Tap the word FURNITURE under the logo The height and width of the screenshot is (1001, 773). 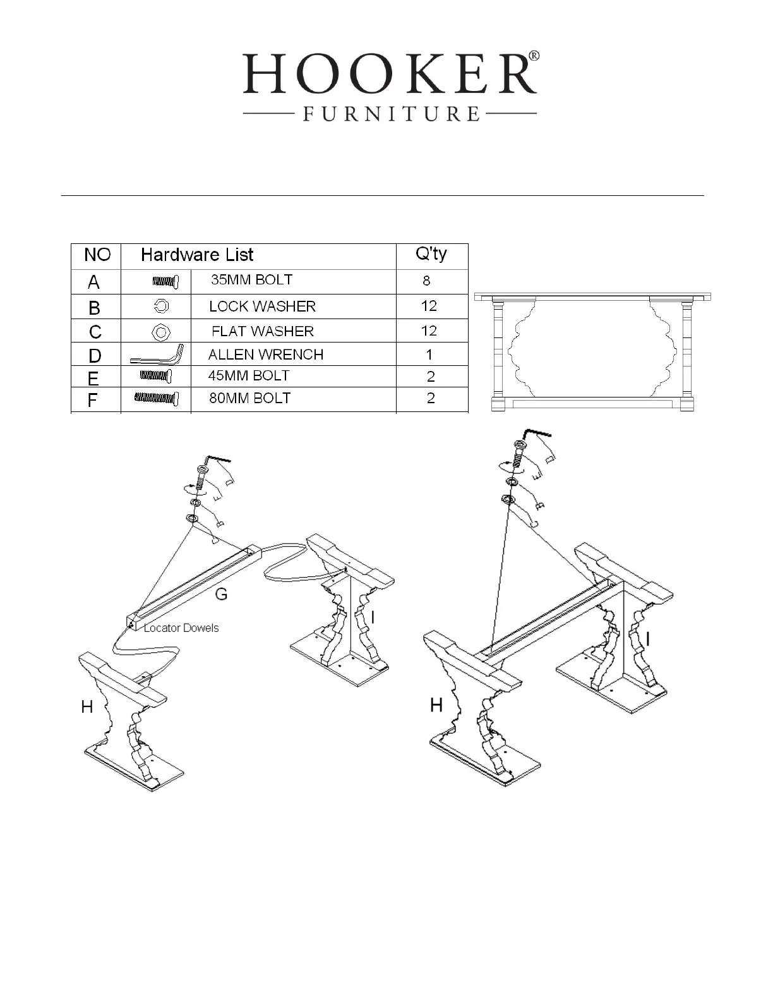tap(391, 114)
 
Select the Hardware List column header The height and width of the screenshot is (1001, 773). tap(197, 255)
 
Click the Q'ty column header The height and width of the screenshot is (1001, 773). tap(431, 254)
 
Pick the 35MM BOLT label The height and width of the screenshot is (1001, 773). tap(251, 280)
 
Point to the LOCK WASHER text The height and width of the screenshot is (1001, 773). tap(262, 306)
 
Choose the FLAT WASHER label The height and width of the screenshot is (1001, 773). tap(262, 331)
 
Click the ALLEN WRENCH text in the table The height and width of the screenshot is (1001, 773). tap(265, 355)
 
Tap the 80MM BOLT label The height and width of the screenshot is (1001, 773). tap(250, 398)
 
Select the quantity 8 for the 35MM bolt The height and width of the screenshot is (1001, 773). tap(427, 281)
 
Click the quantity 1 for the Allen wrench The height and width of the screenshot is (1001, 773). tap(429, 355)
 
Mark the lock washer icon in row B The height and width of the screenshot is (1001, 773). tap(161, 306)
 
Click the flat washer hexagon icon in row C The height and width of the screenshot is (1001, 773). tap(161, 331)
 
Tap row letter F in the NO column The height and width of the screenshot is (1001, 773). tap(93, 401)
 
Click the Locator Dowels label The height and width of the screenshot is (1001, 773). tap(181, 628)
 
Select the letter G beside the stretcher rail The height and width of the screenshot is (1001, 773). tap(221, 593)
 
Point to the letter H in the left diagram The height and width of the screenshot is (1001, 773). tap(87, 707)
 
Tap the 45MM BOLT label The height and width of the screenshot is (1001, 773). tap(249, 375)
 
